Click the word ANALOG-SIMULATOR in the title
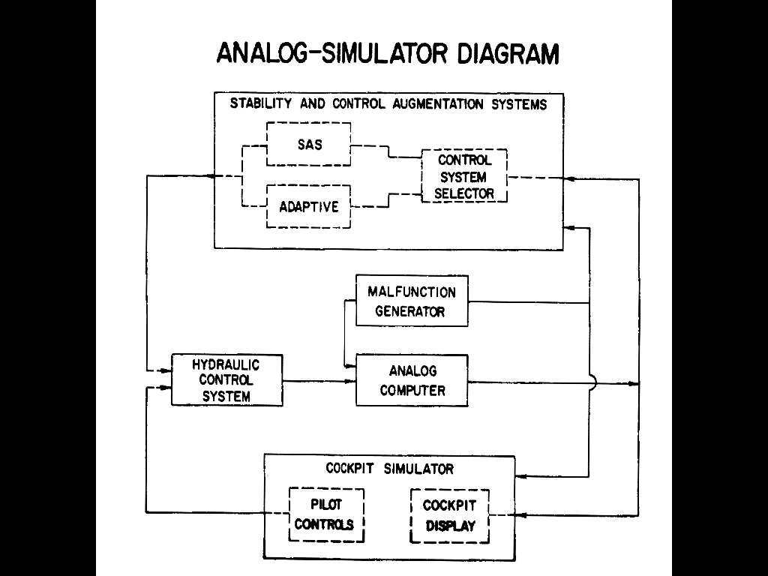coord(332,53)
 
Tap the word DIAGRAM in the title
coord(508,53)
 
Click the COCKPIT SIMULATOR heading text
coord(390,469)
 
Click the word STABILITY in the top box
coord(260,103)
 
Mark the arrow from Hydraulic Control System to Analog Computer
coord(319,381)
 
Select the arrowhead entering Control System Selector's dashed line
coord(569,178)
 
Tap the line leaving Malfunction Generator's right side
coord(529,302)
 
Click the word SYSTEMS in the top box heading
coord(519,104)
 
